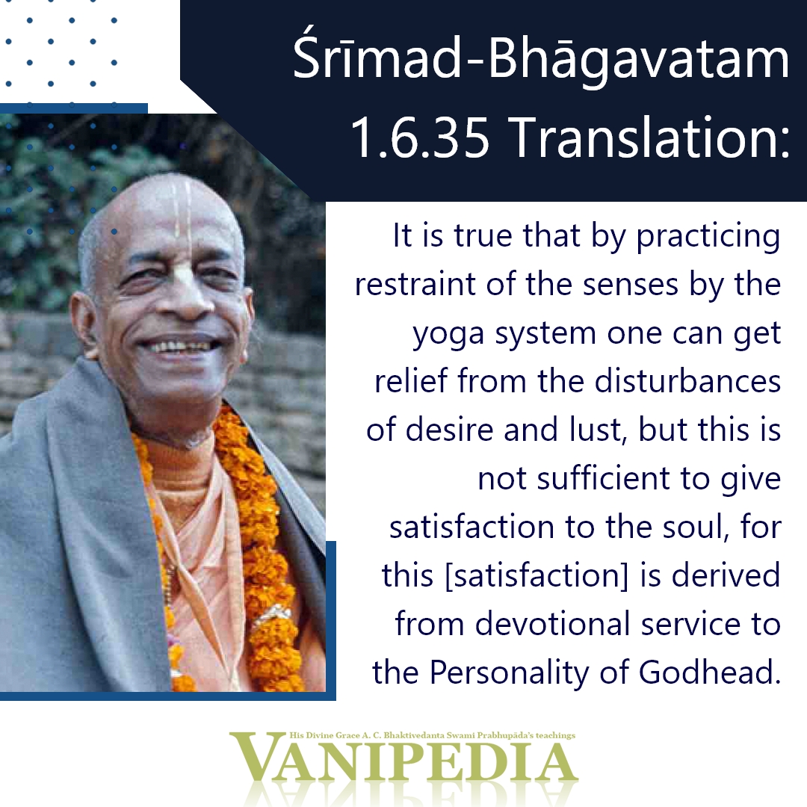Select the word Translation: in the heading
(x=652, y=137)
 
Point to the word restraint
(x=415, y=284)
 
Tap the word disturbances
(x=687, y=381)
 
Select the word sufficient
(x=603, y=478)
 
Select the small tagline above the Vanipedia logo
(x=433, y=735)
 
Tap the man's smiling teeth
(x=179, y=347)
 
